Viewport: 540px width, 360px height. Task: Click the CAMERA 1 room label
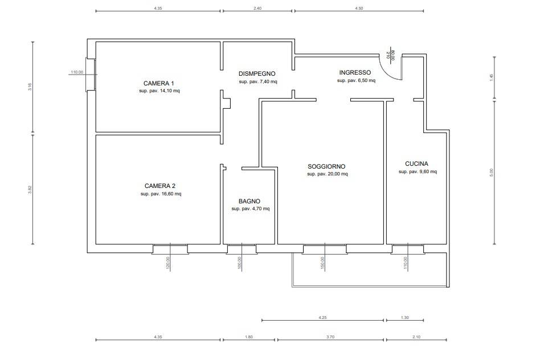(159, 83)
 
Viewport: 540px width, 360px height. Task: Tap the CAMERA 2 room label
(160, 186)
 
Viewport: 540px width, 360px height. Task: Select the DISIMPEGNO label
(257, 73)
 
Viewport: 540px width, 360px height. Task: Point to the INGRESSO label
(355, 73)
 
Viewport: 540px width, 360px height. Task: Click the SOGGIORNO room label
(326, 167)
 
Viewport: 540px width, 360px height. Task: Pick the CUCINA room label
(417, 164)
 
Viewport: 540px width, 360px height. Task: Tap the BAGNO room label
(249, 201)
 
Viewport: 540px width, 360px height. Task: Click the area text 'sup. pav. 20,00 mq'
(328, 174)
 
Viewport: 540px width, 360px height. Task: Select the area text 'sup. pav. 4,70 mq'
(251, 208)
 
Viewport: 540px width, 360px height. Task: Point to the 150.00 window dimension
(323, 263)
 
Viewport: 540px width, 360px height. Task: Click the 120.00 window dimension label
(168, 264)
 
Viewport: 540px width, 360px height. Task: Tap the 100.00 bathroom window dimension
(239, 263)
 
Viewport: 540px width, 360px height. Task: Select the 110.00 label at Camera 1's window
(77, 72)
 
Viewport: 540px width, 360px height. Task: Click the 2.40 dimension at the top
(257, 9)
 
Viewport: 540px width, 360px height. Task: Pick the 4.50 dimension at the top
(359, 9)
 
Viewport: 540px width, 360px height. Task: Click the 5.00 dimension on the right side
(492, 172)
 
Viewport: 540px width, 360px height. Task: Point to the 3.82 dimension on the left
(30, 190)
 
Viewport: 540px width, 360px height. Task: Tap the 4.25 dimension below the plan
(322, 318)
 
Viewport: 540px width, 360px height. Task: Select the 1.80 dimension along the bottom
(249, 337)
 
